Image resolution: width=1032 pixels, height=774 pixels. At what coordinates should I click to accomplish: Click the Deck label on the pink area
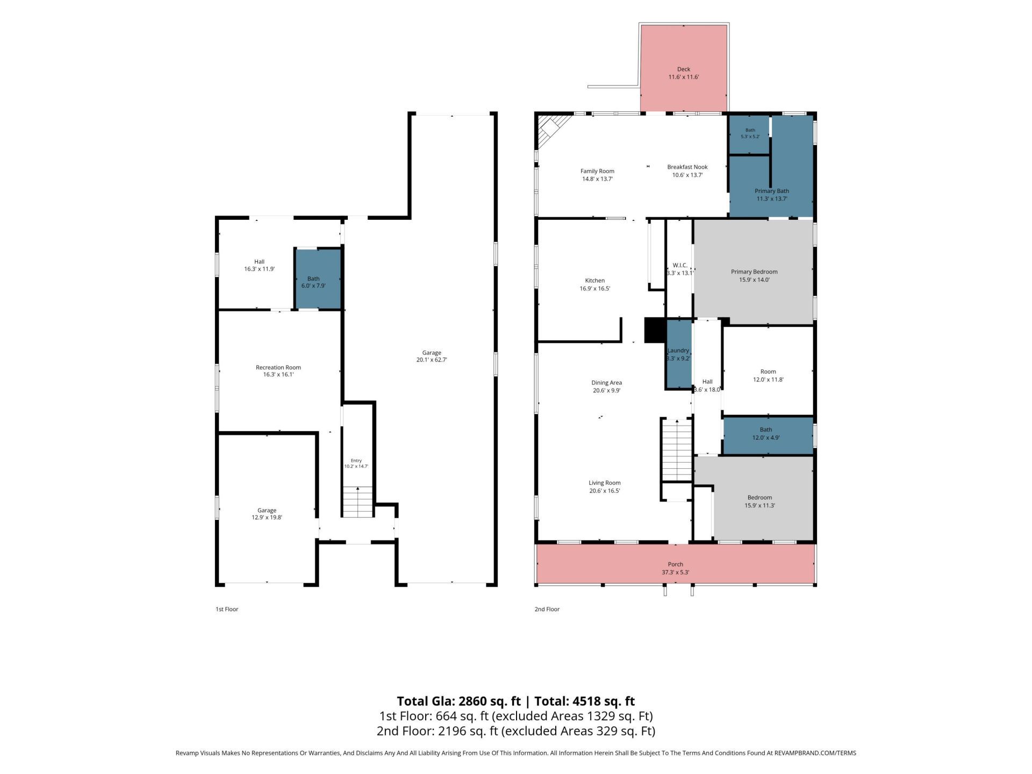pos(684,69)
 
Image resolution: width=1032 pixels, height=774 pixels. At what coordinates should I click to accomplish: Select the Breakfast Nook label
pos(687,167)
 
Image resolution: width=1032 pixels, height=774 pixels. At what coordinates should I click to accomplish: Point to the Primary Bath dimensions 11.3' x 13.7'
pos(772,199)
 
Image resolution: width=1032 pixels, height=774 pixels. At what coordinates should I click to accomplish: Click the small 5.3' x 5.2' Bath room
pos(749,135)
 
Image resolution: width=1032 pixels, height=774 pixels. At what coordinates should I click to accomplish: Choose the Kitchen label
pos(595,281)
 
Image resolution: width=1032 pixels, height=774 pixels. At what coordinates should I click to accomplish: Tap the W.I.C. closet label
pos(680,265)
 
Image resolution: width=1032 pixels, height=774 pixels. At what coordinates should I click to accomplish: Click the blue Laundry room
pos(679,354)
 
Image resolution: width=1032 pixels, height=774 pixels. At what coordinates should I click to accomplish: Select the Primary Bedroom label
pos(754,272)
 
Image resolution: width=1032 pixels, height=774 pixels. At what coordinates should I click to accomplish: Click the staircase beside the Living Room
pos(676,450)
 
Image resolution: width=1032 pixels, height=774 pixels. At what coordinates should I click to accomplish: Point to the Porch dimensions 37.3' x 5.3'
pos(675,572)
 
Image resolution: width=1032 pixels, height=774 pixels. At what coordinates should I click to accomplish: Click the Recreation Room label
pos(278,368)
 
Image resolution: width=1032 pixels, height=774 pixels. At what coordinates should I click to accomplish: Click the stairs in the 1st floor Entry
pos(358,502)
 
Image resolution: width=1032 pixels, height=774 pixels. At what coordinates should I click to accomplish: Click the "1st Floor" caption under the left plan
pos(227,609)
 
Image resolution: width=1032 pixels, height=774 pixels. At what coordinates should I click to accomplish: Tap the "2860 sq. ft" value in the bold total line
pos(489,701)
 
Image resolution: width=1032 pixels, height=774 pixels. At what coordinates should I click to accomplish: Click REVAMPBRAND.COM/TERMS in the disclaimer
pos(815,753)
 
